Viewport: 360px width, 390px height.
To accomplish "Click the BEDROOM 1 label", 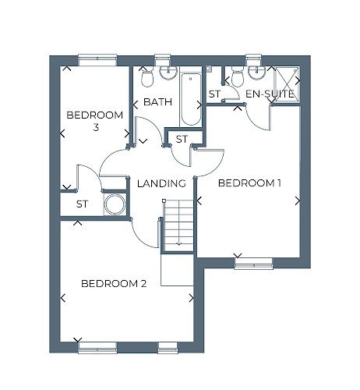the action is tap(249, 183).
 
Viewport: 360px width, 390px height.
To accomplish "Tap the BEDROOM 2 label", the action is tap(114, 283).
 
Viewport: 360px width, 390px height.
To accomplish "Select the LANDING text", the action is tap(161, 183).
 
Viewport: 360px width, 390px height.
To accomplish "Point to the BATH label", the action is tap(157, 102).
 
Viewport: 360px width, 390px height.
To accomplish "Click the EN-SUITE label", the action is tap(270, 94).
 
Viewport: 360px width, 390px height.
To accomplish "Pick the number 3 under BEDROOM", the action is tap(96, 128).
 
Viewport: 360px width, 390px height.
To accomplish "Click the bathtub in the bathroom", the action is tap(191, 99).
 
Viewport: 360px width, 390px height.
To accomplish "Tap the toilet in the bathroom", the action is tap(147, 77).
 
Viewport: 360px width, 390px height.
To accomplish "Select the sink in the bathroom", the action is tap(168, 73).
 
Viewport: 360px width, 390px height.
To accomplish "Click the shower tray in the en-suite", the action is tap(287, 84).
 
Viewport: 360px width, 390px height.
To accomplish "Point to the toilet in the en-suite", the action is tap(237, 76).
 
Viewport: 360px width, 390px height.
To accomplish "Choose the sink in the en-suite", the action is tap(257, 73).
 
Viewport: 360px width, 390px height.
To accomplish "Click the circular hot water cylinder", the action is tap(115, 204).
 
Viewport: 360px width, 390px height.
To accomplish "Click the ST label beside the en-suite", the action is tap(214, 94).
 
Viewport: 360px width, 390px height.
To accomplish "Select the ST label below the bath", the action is tap(182, 140).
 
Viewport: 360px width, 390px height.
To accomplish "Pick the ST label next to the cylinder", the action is tap(83, 204).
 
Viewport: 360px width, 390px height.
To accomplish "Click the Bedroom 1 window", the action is tap(253, 264).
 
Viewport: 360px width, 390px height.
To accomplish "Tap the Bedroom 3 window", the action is tap(97, 60).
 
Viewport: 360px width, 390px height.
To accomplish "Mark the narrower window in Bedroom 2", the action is tap(168, 348).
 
